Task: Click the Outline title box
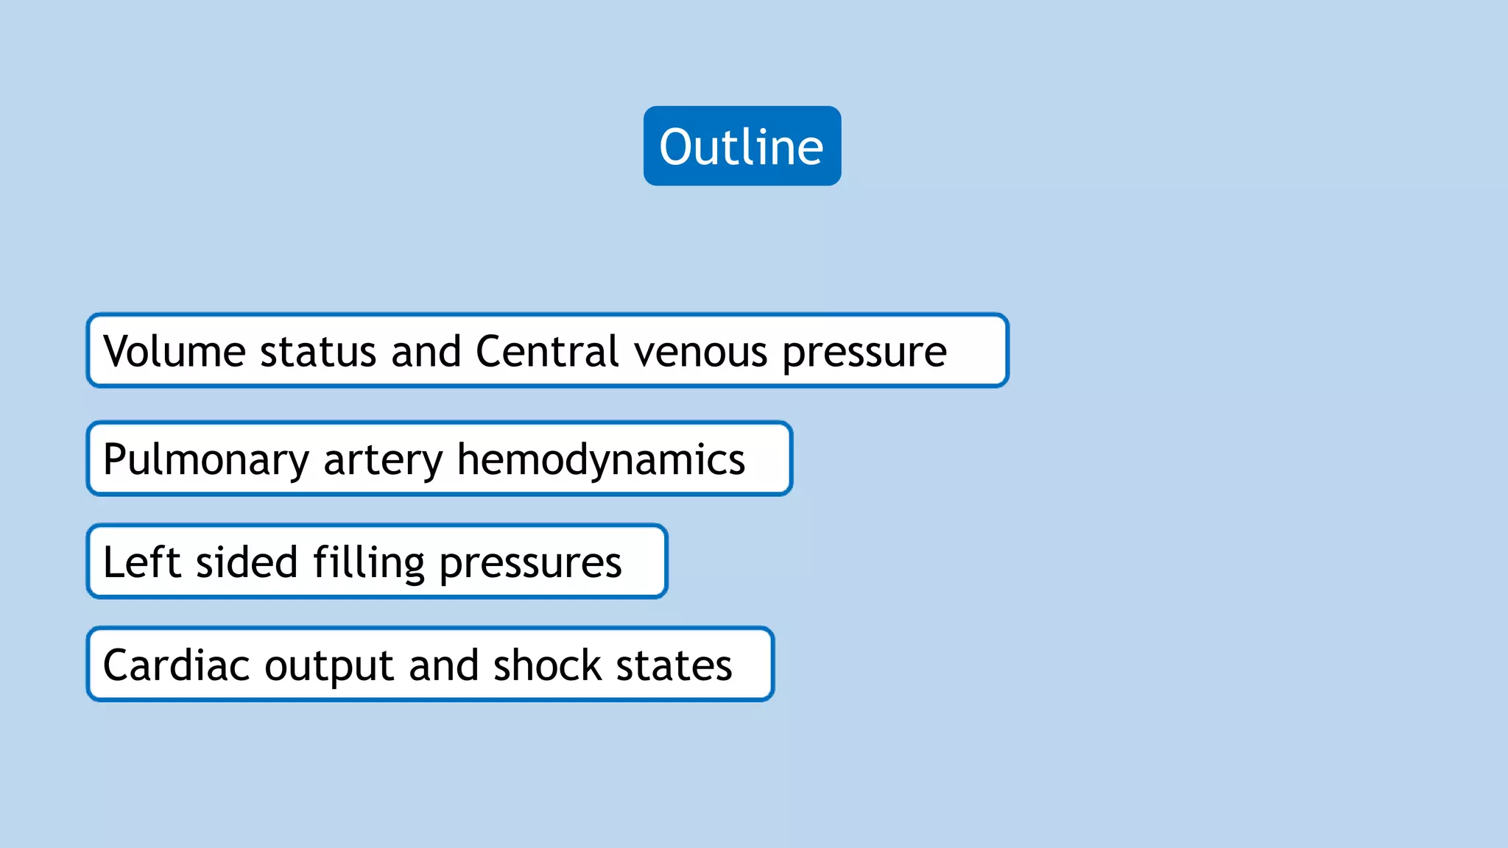coord(741,146)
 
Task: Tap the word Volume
coord(175,351)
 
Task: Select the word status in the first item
coord(318,351)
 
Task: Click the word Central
coord(547,351)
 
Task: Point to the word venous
coord(700,353)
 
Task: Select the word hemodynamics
coord(601,460)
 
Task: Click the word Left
coord(142,562)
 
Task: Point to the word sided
coord(246,562)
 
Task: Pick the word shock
coord(548,665)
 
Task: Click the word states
coord(674,666)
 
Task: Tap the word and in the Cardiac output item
coord(443,665)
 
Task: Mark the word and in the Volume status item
coord(426,351)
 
